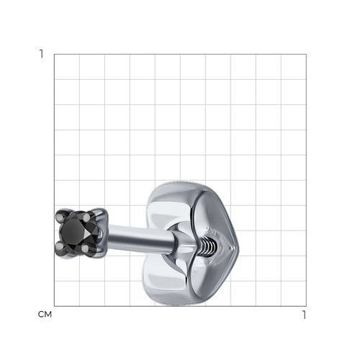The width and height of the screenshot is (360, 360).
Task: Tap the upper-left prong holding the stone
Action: [x=60, y=218]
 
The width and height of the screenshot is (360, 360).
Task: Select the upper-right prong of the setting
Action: [x=87, y=217]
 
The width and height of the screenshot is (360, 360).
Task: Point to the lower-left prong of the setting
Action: [x=59, y=246]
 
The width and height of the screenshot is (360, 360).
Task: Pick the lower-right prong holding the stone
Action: [x=86, y=248]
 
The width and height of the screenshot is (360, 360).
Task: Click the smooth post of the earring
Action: [x=140, y=239]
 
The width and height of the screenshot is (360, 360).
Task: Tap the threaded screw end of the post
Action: [x=208, y=246]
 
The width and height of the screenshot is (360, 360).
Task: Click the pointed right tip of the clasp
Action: [x=238, y=247]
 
